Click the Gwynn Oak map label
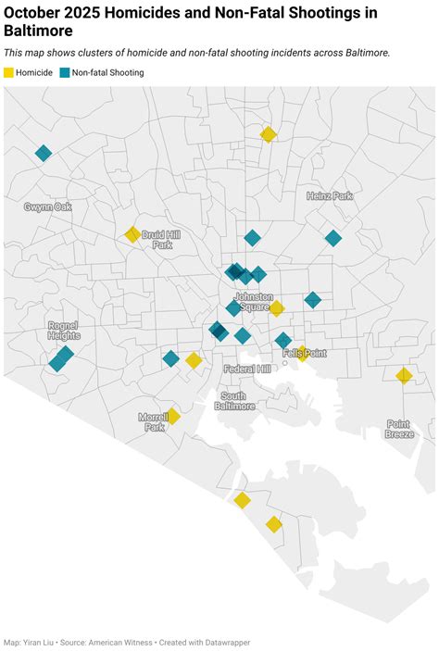pos(48,207)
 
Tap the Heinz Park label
pos(330,196)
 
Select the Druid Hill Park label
pos(162,240)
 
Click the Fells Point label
pos(304,354)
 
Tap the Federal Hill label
pos(247,369)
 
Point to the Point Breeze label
pos(400,429)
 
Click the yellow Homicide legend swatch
pos(9,72)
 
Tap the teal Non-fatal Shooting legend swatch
pos(65,72)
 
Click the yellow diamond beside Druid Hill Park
pos(132,234)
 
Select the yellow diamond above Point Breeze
pos(404,375)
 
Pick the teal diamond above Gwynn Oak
pos(43,153)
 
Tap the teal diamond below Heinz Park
pos(333,238)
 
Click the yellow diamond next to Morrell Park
pos(172,416)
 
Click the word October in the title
pos(36,13)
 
